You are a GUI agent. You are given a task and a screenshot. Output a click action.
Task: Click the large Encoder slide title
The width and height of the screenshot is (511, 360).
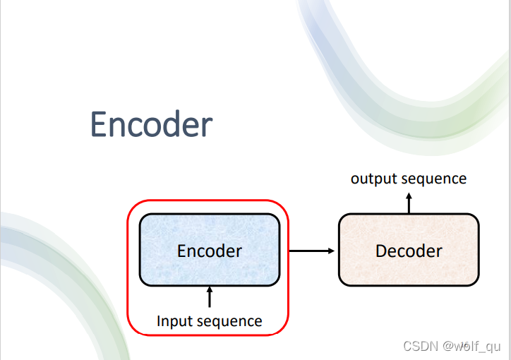151,125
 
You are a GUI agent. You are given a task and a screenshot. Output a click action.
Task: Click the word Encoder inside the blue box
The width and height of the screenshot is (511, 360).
210,251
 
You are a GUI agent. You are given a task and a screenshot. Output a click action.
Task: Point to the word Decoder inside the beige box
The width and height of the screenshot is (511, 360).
409,251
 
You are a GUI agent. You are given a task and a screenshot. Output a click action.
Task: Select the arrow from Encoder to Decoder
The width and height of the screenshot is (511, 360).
311,250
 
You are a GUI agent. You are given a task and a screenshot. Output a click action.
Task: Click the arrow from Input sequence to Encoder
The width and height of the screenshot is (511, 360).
210,297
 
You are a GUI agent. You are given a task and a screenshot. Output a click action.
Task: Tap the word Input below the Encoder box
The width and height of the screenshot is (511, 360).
174,322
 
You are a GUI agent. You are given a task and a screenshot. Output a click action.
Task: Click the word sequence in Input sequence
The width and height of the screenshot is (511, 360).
228,322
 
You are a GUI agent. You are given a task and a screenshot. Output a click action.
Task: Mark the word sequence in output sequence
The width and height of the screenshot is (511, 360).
433,179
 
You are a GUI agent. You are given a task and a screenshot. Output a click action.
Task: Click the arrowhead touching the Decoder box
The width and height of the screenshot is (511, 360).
330,250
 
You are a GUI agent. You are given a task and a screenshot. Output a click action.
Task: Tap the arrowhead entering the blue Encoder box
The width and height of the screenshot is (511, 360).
210,290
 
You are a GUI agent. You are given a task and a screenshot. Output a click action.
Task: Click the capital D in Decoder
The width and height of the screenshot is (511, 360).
381,251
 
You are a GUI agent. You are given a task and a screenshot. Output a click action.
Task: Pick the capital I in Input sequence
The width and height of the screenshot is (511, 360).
159,322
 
